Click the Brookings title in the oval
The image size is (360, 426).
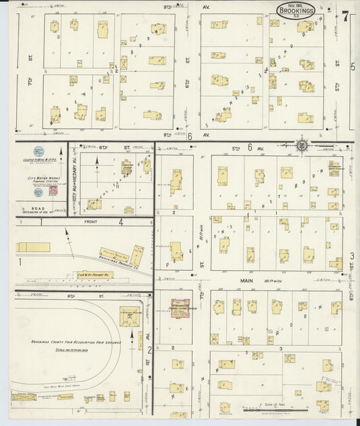[295, 11]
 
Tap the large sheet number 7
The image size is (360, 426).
[344, 16]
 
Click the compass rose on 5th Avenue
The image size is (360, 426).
[301, 144]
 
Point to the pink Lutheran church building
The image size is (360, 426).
[180, 308]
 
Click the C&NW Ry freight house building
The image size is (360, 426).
[95, 275]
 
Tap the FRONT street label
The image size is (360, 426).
[93, 221]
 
